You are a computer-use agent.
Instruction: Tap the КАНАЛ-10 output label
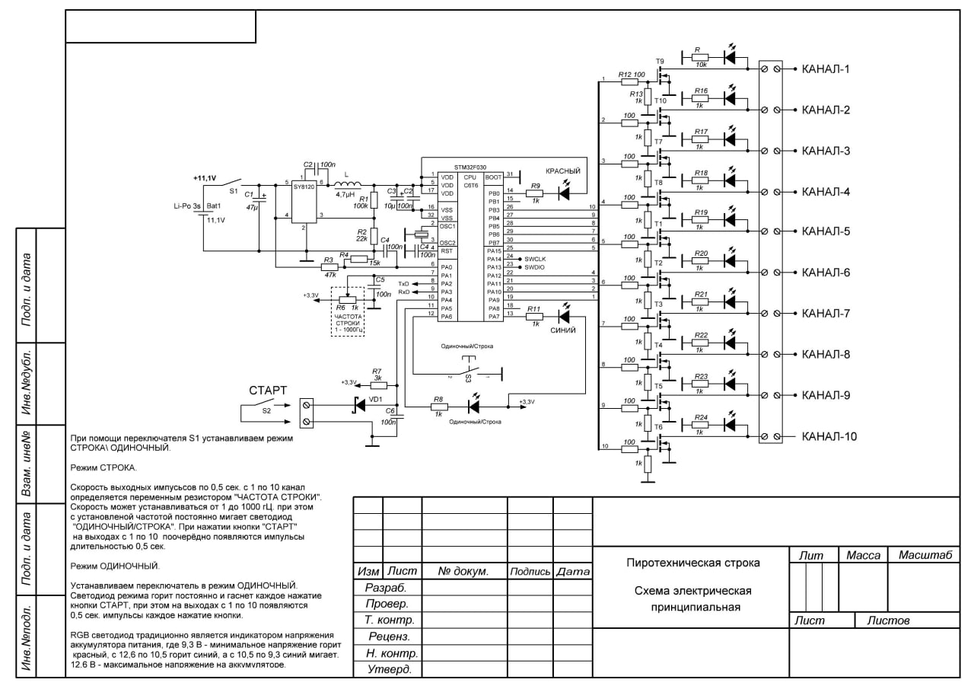(829, 436)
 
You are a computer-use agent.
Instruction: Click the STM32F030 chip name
(469, 167)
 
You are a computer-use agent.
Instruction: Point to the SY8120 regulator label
(304, 187)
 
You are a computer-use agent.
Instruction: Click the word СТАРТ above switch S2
(269, 391)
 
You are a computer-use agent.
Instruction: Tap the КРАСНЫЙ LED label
(564, 171)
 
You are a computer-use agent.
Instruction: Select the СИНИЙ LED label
(563, 330)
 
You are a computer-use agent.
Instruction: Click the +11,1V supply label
(205, 178)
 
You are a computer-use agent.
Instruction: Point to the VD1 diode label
(376, 398)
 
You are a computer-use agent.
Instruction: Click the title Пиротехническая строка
(692, 563)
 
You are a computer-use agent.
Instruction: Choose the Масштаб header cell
(925, 556)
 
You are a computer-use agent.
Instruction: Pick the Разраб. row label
(386, 588)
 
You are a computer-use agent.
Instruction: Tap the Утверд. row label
(389, 670)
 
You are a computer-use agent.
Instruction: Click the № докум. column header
(463, 571)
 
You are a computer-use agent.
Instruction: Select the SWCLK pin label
(536, 260)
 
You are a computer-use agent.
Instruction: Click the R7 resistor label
(377, 371)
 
